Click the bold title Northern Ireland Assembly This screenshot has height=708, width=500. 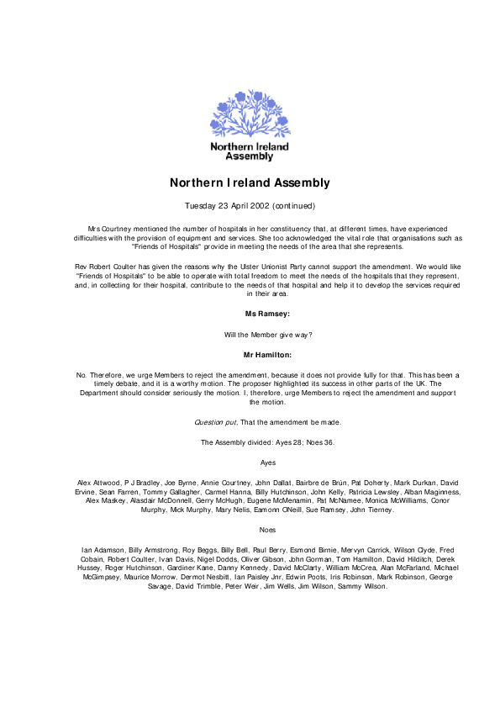(x=250, y=182)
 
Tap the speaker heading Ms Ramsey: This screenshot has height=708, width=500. (x=250, y=313)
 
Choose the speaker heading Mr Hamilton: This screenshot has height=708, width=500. (x=250, y=354)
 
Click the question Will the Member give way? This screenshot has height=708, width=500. (x=250, y=334)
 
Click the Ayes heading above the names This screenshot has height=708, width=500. (x=250, y=462)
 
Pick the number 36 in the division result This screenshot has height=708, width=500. (x=294, y=441)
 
